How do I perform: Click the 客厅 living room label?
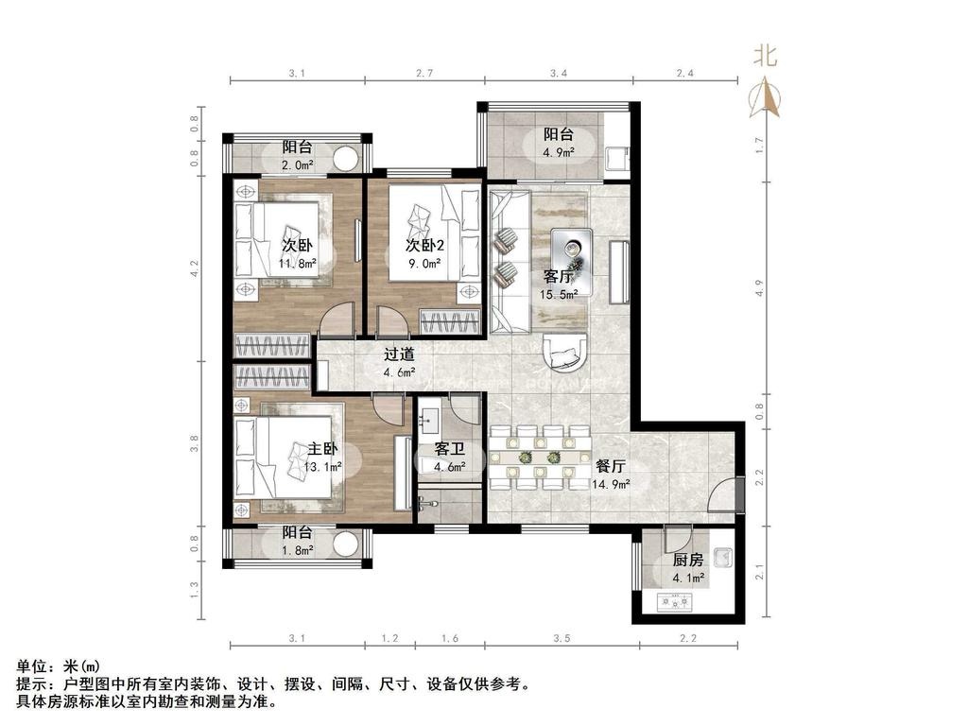[558, 276]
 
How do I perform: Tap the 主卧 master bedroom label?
[322, 448]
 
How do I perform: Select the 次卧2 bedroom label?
[424, 245]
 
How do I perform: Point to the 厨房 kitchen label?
[688, 560]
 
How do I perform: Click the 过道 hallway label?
[399, 354]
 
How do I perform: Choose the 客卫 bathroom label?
[449, 449]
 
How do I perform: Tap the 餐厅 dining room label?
[611, 466]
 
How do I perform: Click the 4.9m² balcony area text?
[558, 152]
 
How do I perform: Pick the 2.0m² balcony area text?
[297, 164]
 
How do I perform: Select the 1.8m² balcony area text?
[297, 550]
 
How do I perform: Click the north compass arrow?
[765, 97]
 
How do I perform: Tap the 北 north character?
[765, 56]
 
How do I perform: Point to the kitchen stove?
[675, 601]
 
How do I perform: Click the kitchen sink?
[722, 558]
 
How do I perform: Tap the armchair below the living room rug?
[564, 353]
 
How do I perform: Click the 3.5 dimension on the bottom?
[562, 638]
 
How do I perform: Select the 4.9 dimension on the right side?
[759, 288]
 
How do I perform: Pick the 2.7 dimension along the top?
[424, 73]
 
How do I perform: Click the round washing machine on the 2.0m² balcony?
[346, 159]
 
